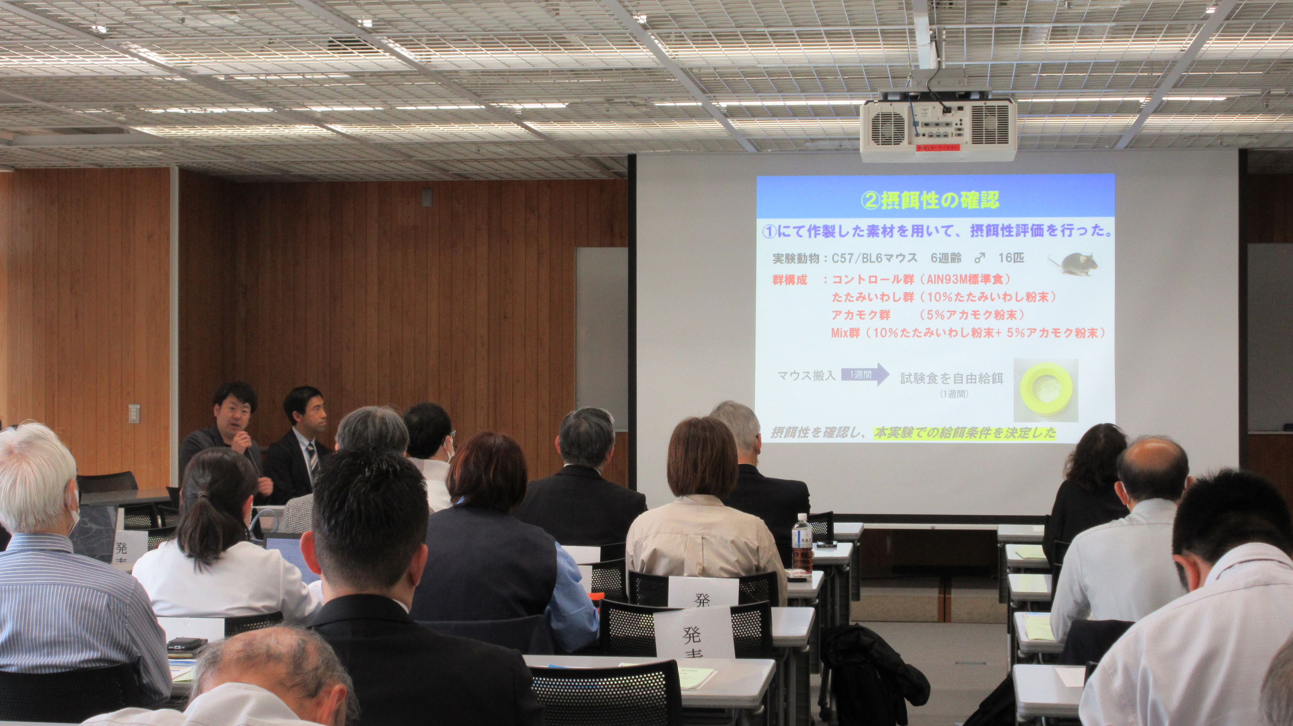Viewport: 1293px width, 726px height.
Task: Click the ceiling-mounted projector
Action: tap(937, 128)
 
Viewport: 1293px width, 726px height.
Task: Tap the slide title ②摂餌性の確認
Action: tap(930, 200)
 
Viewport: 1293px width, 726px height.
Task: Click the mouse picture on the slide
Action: tap(1074, 264)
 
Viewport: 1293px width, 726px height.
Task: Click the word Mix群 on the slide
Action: tap(845, 333)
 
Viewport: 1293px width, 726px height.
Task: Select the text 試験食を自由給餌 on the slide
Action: tap(951, 379)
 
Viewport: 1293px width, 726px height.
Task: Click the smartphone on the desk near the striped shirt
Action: tap(187, 643)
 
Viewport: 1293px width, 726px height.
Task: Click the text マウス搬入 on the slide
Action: tap(806, 375)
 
